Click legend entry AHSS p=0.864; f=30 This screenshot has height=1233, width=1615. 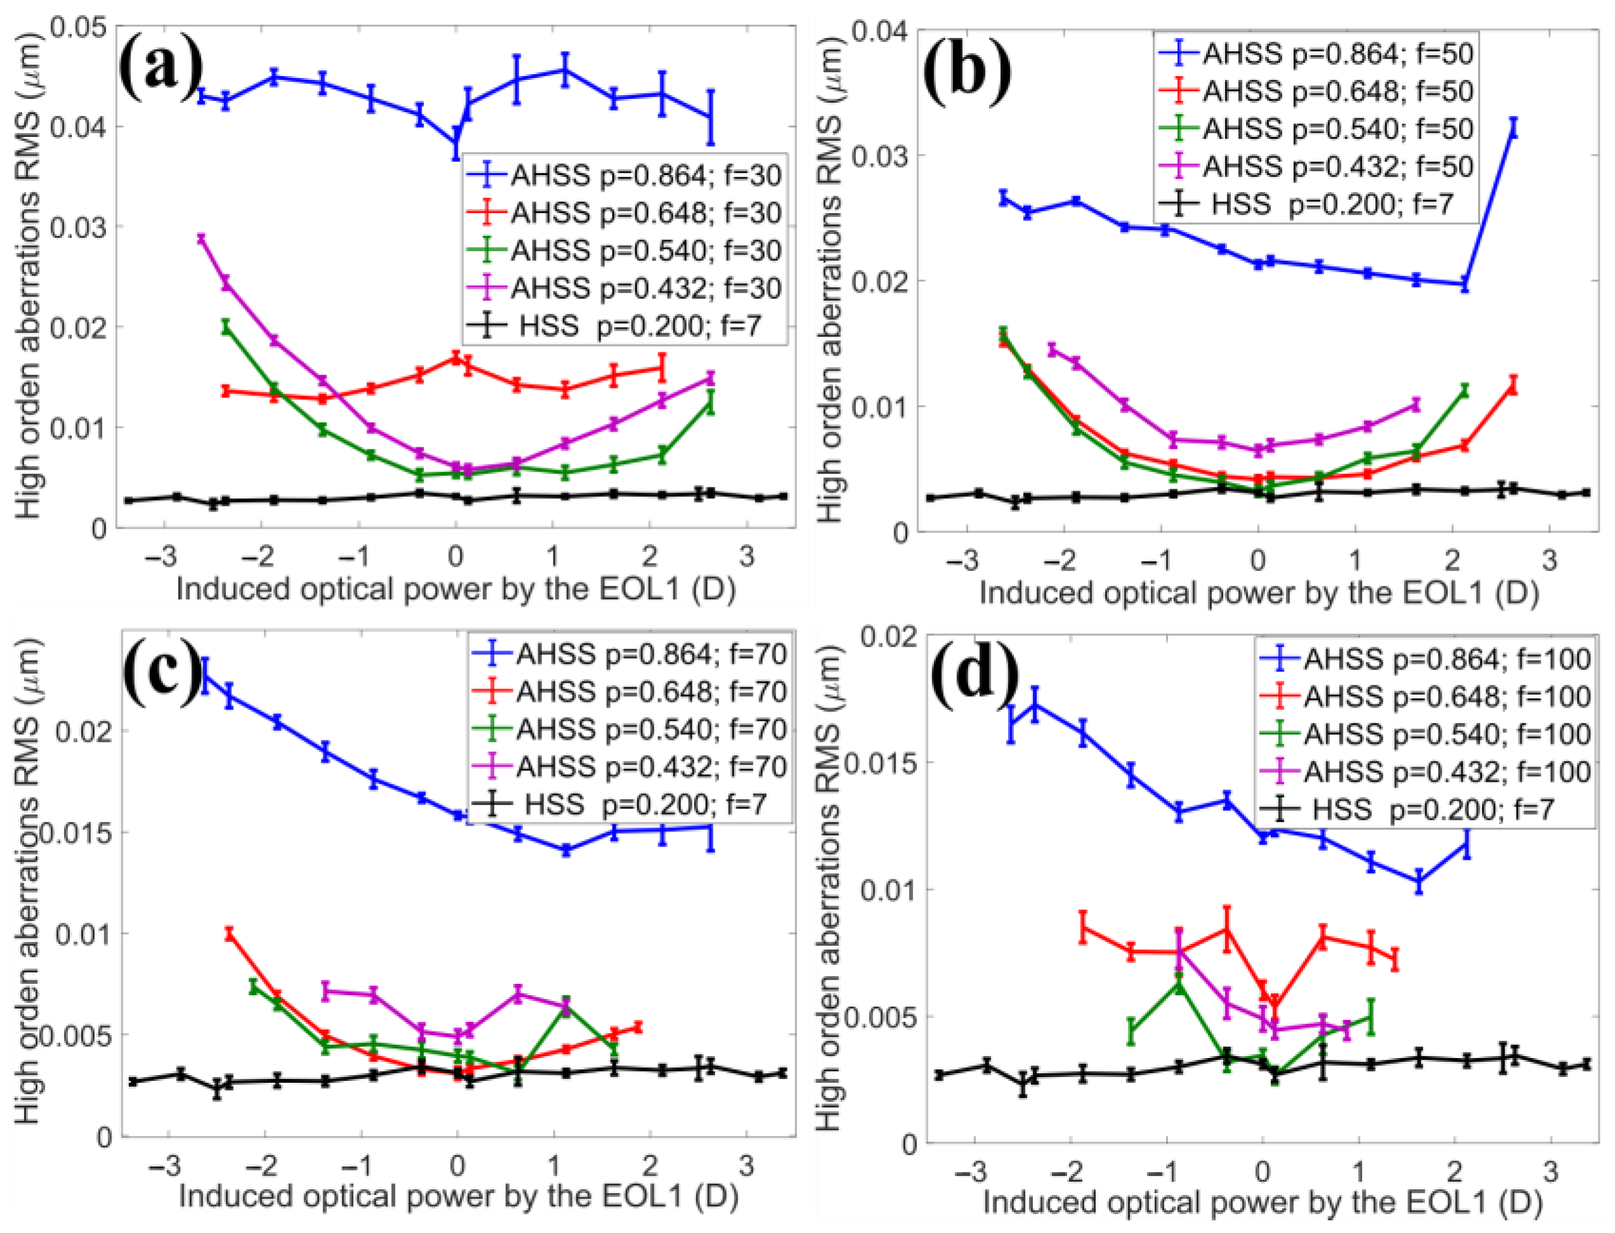click(x=623, y=175)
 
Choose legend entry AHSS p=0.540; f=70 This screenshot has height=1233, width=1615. click(x=628, y=729)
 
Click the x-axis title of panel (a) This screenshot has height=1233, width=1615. click(x=456, y=589)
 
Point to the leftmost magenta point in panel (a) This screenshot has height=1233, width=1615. click(x=201, y=238)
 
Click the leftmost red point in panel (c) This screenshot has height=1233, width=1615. click(x=229, y=934)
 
